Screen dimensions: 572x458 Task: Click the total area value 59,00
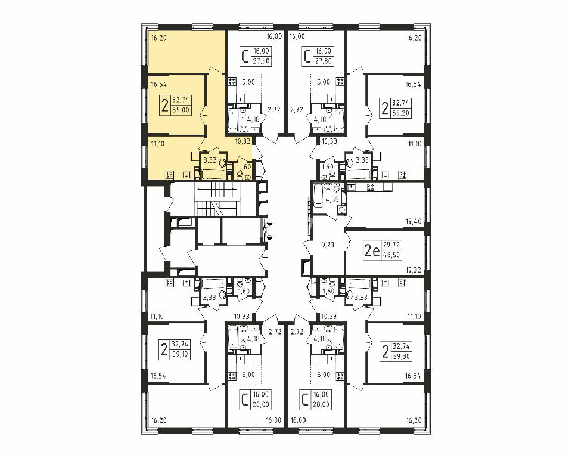tap(181, 109)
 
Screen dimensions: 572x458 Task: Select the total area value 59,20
tap(401, 113)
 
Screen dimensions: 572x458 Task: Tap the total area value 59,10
tap(181, 354)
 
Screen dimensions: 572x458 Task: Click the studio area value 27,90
tap(261, 61)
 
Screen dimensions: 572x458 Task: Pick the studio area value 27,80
tap(323, 61)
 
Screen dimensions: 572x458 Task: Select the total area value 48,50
tap(391, 255)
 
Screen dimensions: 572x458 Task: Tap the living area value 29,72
tap(391, 245)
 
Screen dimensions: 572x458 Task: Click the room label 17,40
tap(414, 221)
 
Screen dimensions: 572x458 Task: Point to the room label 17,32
tap(414, 270)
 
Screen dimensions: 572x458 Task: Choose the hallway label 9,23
tap(327, 245)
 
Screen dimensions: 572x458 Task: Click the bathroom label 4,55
tap(332, 199)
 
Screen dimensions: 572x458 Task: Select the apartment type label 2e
tap(372, 250)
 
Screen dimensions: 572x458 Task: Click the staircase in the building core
tap(217, 201)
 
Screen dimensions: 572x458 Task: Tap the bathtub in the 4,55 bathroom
tap(318, 196)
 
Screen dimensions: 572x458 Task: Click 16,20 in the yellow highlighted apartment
tap(158, 38)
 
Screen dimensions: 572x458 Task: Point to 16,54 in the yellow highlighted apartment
tap(158, 85)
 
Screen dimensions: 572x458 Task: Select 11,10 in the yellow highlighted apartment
tap(157, 144)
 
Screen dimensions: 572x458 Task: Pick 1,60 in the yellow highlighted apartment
tap(245, 167)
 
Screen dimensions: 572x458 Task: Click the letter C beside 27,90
tap(246, 57)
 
